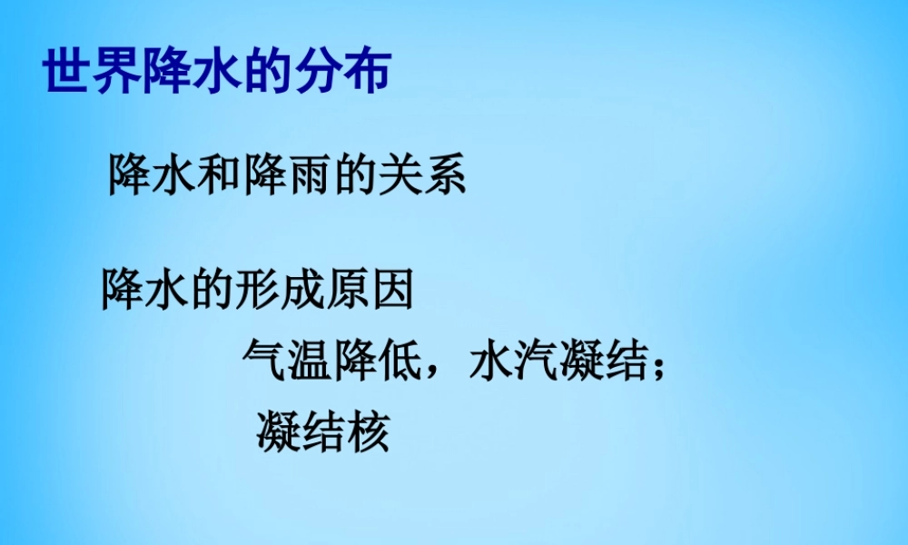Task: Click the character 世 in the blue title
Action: coord(68,72)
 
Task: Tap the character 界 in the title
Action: coord(117,72)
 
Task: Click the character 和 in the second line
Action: coord(221,173)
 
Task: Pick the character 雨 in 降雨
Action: coord(310,173)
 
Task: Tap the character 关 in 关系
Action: coord(400,173)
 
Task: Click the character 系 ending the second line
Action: coord(445,173)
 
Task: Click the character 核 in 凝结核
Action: coord(368,431)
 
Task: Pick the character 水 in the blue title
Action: coord(216,72)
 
